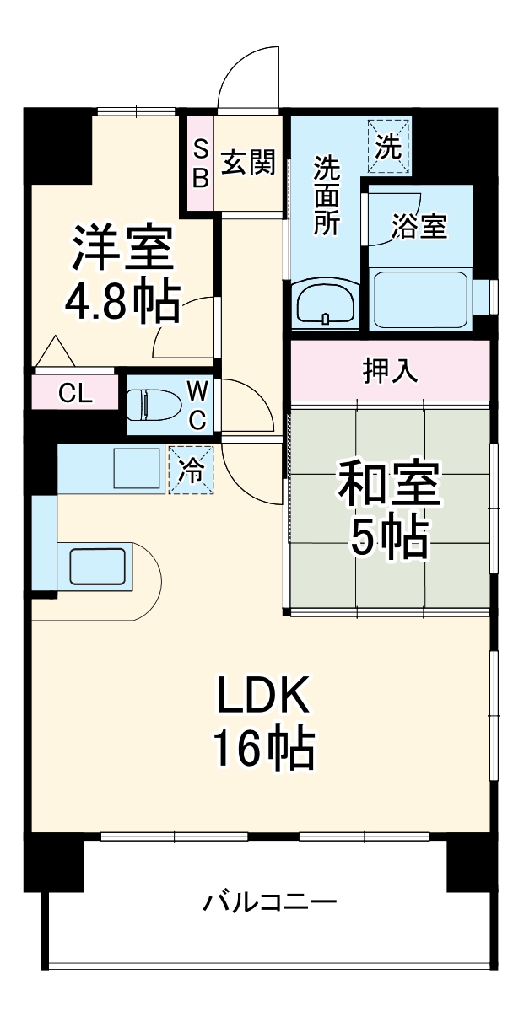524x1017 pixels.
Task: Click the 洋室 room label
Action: click(x=122, y=246)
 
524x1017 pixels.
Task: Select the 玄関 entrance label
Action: click(x=249, y=162)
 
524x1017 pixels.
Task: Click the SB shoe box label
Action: click(x=201, y=163)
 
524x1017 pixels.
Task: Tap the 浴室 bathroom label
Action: click(x=419, y=225)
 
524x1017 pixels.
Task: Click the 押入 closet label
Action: click(x=390, y=372)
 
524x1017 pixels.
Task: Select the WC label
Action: click(x=197, y=405)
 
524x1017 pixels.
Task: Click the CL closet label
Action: click(x=76, y=393)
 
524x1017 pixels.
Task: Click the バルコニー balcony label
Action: click(x=269, y=903)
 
